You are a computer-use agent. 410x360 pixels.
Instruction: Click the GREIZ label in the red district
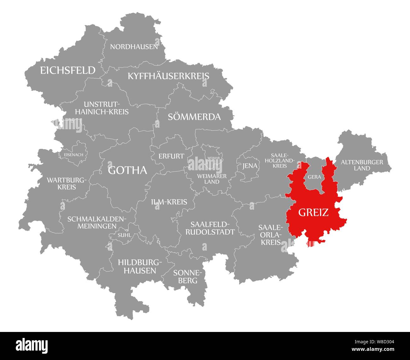(x=313, y=212)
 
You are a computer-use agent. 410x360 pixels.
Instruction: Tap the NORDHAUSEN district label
(x=134, y=47)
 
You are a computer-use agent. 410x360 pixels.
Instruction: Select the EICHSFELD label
(x=67, y=70)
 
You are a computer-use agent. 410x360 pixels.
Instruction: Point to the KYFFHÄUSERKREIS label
(x=168, y=76)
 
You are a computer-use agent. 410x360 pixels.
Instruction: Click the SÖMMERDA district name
(x=194, y=117)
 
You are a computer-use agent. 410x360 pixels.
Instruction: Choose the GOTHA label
(x=127, y=170)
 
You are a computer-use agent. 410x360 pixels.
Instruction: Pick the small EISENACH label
(x=73, y=155)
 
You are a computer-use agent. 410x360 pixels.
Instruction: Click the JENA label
(x=249, y=166)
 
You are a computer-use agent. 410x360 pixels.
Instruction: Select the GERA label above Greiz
(x=314, y=177)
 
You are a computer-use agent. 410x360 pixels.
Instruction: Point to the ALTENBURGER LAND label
(x=362, y=165)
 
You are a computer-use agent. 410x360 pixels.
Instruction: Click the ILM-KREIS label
(x=169, y=202)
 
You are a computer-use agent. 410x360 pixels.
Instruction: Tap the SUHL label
(x=124, y=235)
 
